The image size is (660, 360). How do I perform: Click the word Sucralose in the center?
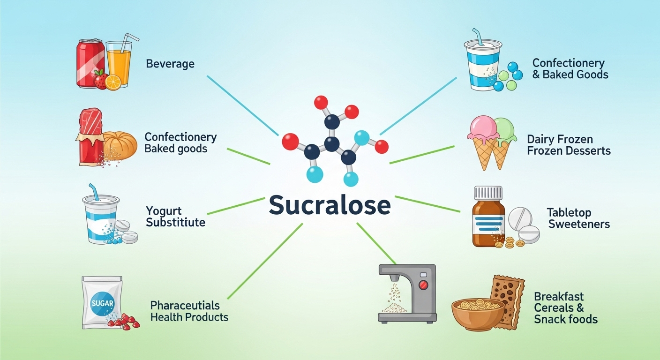click(x=330, y=205)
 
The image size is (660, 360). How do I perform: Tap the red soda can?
click(x=90, y=63)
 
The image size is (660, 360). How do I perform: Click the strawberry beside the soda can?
click(x=101, y=80)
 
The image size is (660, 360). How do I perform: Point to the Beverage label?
click(x=170, y=64)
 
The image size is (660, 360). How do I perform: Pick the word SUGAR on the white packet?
click(x=102, y=303)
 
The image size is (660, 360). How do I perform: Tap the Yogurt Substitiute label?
click(x=175, y=216)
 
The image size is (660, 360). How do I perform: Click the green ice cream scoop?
click(x=504, y=129)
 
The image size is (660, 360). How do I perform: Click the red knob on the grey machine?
click(x=423, y=285)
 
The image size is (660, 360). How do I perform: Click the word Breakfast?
click(x=559, y=297)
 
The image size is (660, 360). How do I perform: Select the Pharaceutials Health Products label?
click(x=189, y=311)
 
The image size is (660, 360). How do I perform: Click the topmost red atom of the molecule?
click(x=321, y=102)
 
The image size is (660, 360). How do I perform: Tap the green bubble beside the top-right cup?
click(x=504, y=75)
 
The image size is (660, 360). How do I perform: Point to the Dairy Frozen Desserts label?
click(x=569, y=145)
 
